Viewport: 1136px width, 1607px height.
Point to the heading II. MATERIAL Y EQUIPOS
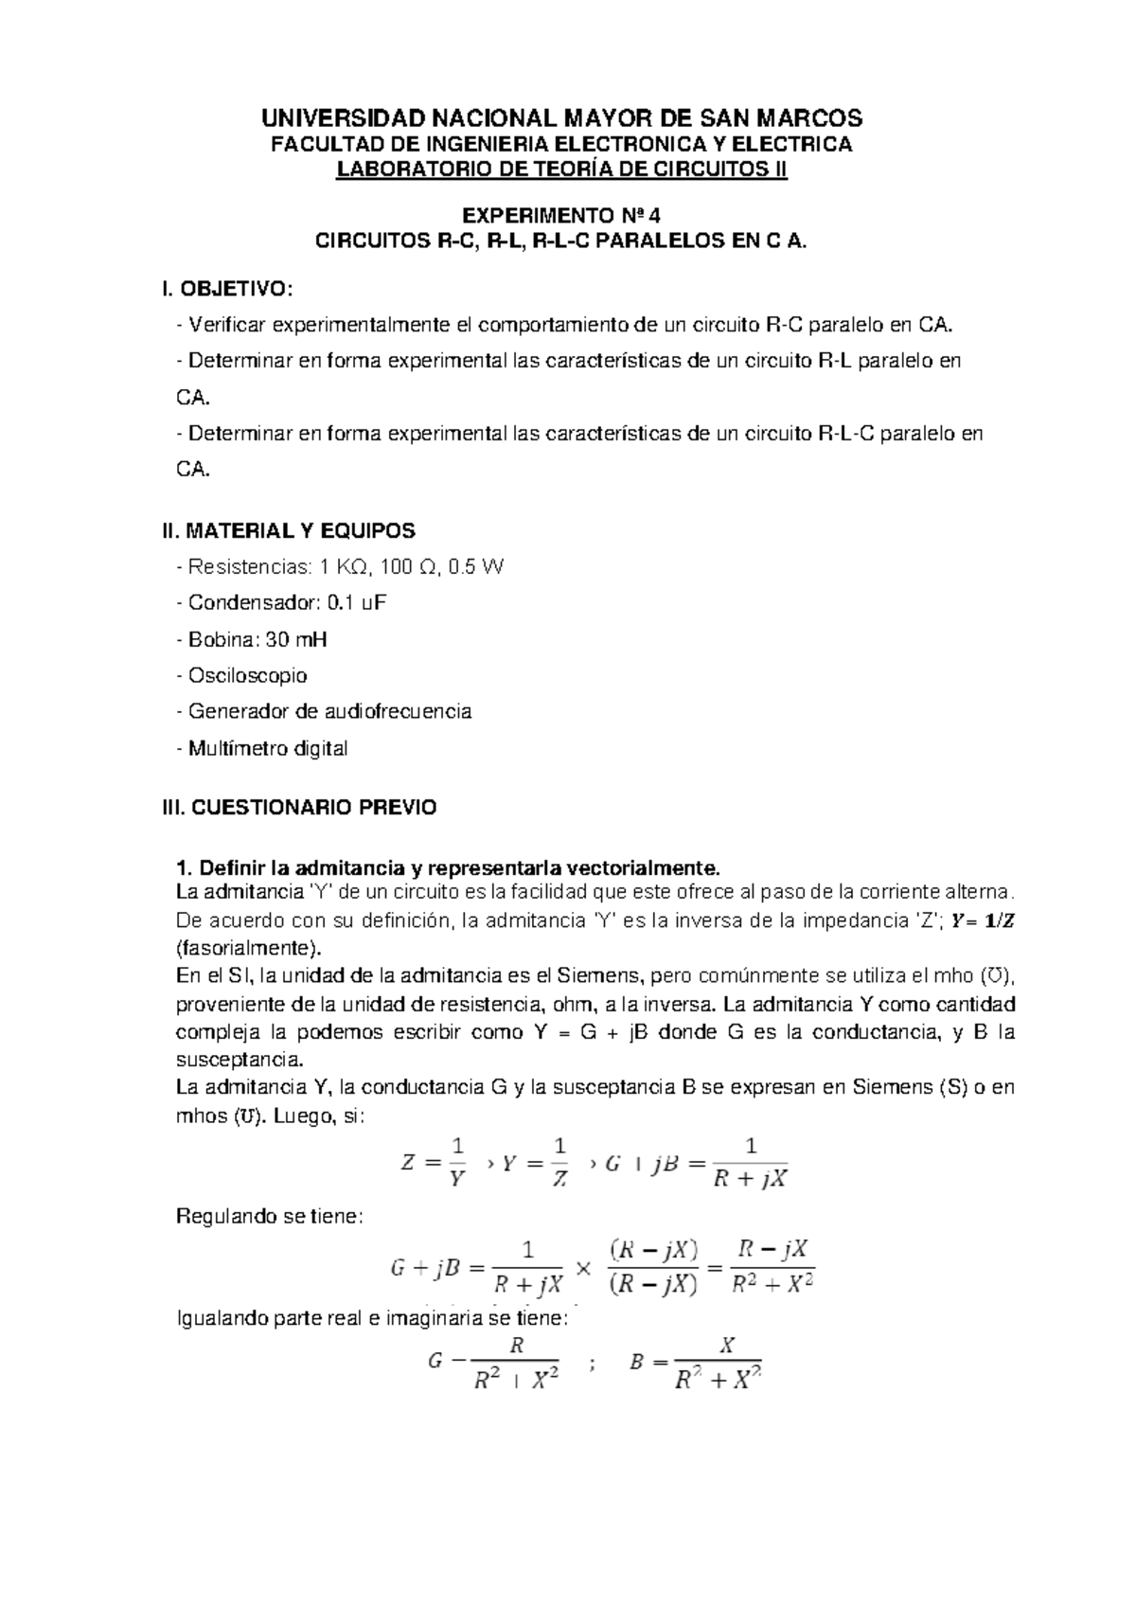[x=289, y=530]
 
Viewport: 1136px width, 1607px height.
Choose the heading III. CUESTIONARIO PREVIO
[x=300, y=808]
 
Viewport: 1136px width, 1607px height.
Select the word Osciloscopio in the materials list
[x=247, y=676]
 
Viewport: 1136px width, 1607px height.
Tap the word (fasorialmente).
[x=249, y=948]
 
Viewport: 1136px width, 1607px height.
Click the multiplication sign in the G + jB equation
[x=583, y=1269]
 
